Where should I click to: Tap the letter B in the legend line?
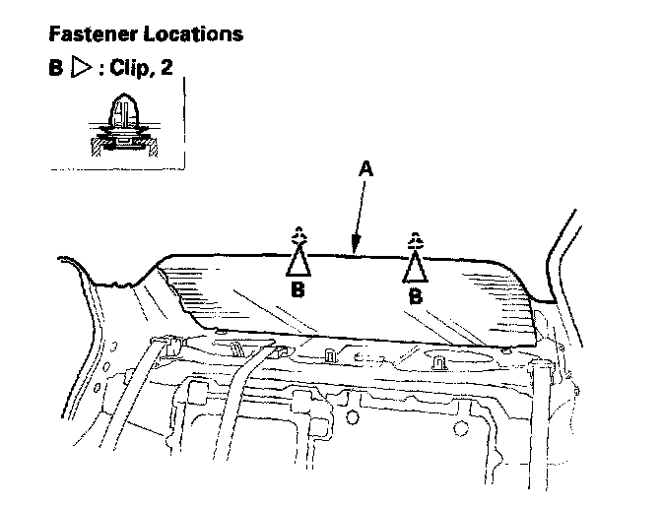coord(55,72)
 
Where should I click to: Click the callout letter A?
coord(365,169)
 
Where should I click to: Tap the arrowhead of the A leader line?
coord(354,252)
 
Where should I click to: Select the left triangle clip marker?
coord(298,261)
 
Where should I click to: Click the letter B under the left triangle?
coord(298,292)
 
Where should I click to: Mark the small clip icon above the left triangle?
coord(298,235)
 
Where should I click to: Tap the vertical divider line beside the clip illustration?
coord(184,118)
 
